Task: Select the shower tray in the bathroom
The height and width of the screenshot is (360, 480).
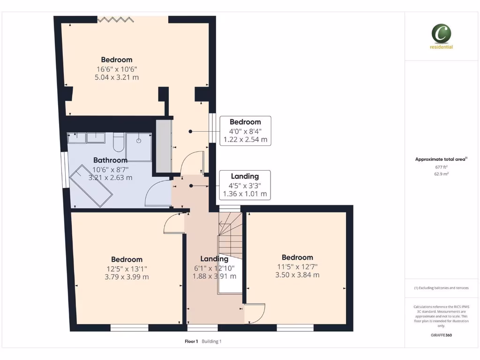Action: tap(139, 147)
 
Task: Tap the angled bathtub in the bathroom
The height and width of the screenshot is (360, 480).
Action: tap(91, 186)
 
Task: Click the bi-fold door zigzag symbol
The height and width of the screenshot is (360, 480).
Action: tap(115, 19)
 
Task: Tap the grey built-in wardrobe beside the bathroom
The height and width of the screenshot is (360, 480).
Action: tap(163, 146)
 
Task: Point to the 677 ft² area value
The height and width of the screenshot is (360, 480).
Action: tap(441, 167)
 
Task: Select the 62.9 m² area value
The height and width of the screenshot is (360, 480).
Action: tap(441, 173)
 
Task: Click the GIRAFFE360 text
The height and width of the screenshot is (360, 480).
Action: tap(441, 335)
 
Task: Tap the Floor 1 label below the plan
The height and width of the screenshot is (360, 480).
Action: tap(191, 341)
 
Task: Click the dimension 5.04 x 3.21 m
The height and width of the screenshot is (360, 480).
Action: tap(117, 77)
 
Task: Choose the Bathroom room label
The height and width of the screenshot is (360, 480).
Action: tap(110, 160)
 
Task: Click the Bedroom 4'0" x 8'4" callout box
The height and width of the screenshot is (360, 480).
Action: tap(245, 131)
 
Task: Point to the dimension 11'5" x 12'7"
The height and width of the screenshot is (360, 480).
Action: tap(297, 266)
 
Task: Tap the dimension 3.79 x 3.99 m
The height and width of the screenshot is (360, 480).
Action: tap(127, 277)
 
